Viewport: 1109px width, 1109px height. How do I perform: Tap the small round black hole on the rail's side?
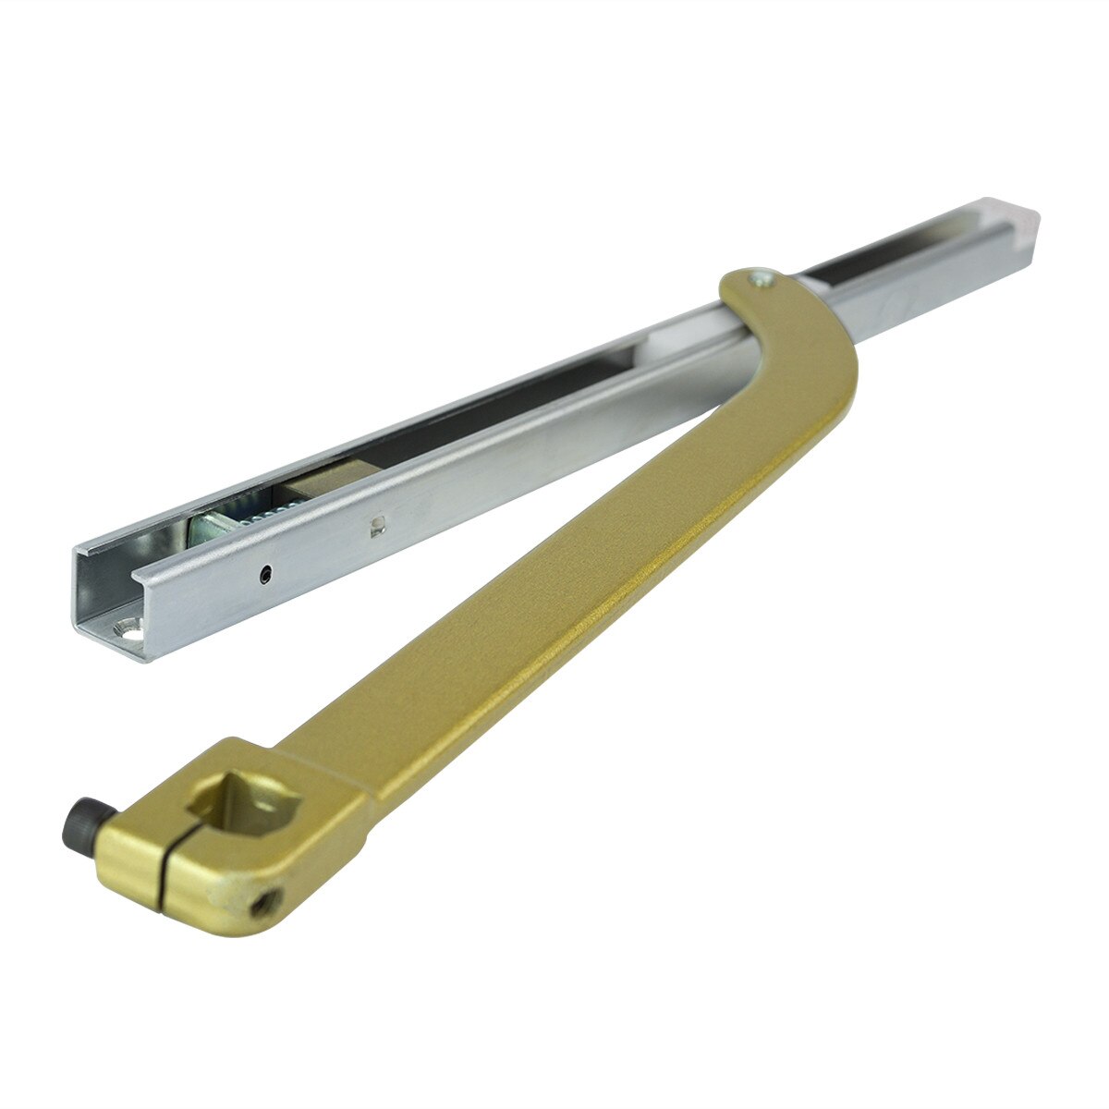[x=266, y=574]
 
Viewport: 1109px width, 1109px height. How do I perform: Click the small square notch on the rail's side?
[x=374, y=527]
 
